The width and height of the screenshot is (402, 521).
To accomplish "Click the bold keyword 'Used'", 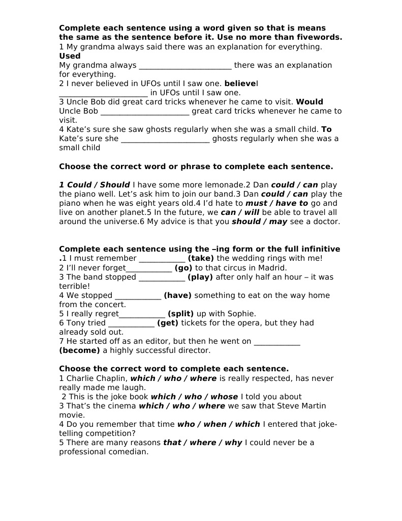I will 70,56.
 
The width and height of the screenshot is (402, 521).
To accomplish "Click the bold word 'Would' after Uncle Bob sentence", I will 310,102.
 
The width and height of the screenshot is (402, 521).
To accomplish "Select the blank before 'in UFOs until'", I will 103,93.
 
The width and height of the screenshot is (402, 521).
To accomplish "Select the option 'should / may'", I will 259,222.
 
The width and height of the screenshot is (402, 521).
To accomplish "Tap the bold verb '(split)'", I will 180,314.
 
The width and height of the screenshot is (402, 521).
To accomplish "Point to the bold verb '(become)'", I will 80,350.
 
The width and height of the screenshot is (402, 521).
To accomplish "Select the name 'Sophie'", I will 239,314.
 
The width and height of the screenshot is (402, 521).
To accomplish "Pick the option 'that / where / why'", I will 202,443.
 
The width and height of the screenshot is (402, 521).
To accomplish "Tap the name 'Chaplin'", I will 112,378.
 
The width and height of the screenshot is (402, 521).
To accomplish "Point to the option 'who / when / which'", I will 219,424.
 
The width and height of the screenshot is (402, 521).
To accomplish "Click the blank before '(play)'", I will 162,277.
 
